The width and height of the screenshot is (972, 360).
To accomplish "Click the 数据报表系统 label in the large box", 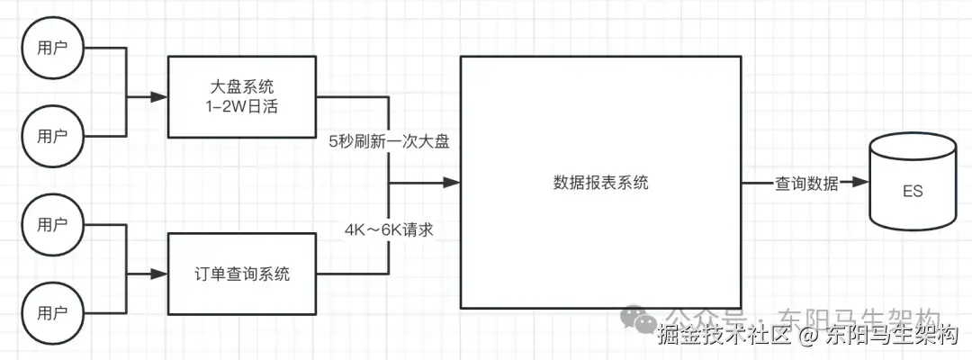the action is pos(600,183).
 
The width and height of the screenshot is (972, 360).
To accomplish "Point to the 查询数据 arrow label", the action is pos(806,184).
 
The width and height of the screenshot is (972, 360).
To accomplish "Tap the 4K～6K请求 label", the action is pos(389,229).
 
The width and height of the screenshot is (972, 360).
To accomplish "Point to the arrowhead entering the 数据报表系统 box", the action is pos(453,183).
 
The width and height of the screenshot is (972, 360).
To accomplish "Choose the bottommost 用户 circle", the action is pos(52,315).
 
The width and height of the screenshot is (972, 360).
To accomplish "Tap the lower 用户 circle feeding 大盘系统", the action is pos(52,137).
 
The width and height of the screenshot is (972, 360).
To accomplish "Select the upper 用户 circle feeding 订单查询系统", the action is pos(52,225).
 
